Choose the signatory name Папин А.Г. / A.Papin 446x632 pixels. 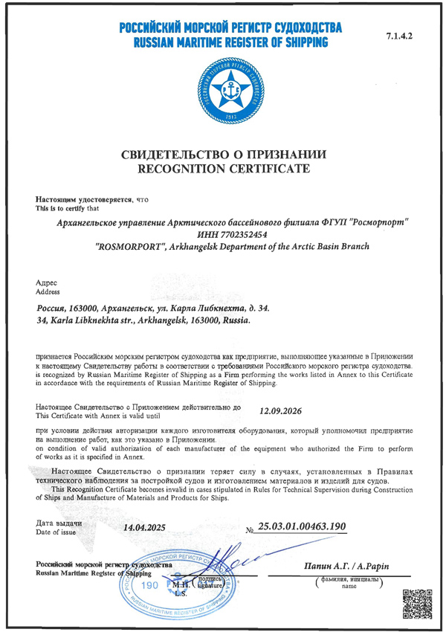(346, 567)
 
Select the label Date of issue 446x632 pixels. (58, 533)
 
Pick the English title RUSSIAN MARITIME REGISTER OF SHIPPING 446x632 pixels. (230, 44)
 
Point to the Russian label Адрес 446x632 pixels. (46, 283)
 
